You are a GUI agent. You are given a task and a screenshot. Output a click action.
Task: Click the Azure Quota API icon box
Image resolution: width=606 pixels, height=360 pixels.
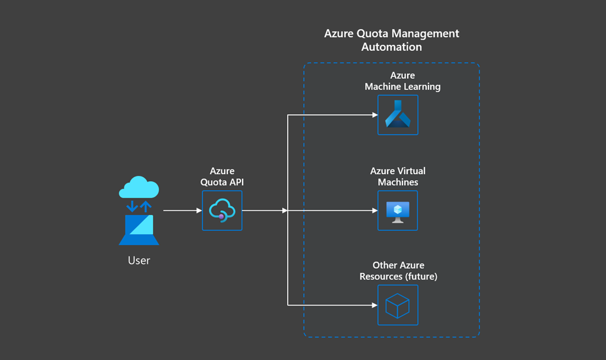222,210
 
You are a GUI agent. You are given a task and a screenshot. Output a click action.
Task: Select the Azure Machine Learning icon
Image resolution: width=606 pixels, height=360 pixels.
398,115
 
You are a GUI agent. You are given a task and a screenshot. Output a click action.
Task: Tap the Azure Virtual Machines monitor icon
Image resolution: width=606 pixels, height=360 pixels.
398,211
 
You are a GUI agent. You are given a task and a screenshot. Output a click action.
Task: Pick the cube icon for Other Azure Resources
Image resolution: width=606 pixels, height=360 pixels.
398,306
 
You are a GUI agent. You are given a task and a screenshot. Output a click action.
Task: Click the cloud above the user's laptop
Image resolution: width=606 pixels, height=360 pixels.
139,188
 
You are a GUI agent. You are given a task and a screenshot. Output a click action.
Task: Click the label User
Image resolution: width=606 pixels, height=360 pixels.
139,260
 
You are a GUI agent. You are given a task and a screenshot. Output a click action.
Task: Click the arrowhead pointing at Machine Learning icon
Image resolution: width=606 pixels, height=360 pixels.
375,115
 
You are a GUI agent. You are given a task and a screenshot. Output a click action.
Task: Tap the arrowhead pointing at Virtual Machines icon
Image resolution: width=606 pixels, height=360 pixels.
375,210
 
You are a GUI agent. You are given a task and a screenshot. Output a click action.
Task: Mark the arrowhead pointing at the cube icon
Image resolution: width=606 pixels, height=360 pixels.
375,306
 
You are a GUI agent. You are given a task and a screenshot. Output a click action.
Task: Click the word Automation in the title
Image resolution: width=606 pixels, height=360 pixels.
391,47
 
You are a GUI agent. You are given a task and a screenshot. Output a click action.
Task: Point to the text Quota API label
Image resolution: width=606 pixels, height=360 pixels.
222,182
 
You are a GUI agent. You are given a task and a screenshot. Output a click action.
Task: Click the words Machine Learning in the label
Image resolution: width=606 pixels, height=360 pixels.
402,86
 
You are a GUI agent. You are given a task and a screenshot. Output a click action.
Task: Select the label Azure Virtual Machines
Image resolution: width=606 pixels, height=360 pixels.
398,176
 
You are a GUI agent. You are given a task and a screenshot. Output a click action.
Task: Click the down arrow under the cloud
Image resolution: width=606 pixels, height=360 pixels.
133,206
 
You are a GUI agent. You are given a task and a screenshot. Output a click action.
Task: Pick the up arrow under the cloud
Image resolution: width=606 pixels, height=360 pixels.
145,206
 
